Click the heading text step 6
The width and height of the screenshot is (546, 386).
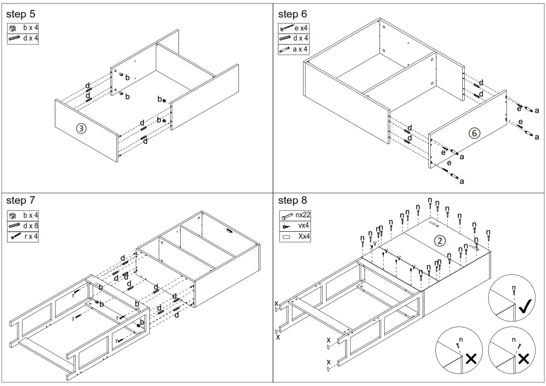(x=293, y=14)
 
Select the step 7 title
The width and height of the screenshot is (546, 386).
(x=21, y=200)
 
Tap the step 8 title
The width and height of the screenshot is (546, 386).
(x=293, y=200)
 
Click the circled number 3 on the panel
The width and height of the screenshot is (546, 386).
(x=81, y=128)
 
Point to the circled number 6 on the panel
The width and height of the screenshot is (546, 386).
(x=474, y=133)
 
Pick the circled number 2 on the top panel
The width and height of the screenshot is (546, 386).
(x=439, y=241)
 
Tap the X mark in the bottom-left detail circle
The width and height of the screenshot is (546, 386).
(x=470, y=358)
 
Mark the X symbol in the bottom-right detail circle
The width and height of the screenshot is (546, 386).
(x=523, y=358)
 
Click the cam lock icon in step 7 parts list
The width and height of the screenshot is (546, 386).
(x=14, y=216)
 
